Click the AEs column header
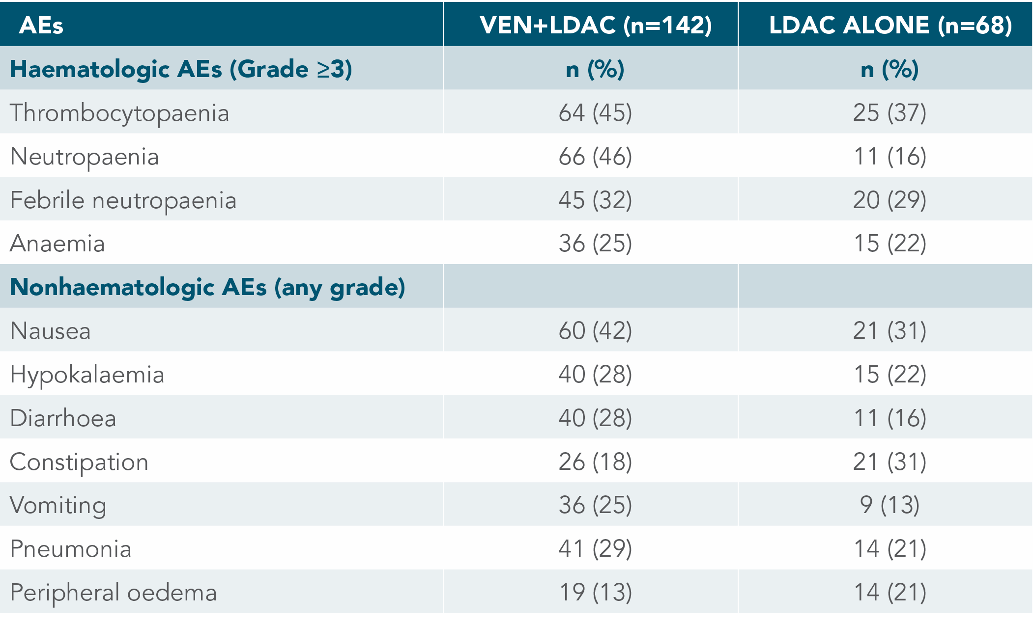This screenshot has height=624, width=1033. coord(41,25)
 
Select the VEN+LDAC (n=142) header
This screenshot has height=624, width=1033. coord(596,25)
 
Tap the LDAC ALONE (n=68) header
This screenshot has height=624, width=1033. coord(890,25)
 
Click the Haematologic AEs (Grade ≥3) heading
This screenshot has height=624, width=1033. coord(181,69)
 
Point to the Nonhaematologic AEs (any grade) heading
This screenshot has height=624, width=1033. coord(207,287)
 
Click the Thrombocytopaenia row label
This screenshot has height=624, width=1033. coord(119,113)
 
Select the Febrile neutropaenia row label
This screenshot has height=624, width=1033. coord(123,200)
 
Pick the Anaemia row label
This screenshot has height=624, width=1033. coord(57,244)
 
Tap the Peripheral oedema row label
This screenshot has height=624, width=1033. coord(114,593)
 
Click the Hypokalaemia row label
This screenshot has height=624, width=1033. coord(87,375)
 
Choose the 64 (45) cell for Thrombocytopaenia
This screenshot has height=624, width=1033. coord(595,113)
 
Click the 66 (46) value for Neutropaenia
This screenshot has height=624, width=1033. coord(595,157)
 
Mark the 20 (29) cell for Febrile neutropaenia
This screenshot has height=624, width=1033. coord(890,200)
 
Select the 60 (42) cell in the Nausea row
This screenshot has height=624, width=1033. coord(595,331)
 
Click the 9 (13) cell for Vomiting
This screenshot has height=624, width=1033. coord(890,505)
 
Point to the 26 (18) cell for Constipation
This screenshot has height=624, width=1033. coord(595,462)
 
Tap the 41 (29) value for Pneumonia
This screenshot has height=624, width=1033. coord(595,549)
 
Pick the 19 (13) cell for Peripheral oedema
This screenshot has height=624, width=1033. coord(595,593)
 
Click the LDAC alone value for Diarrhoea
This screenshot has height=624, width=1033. coord(890,418)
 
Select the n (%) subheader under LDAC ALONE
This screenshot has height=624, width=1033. coord(890,69)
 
